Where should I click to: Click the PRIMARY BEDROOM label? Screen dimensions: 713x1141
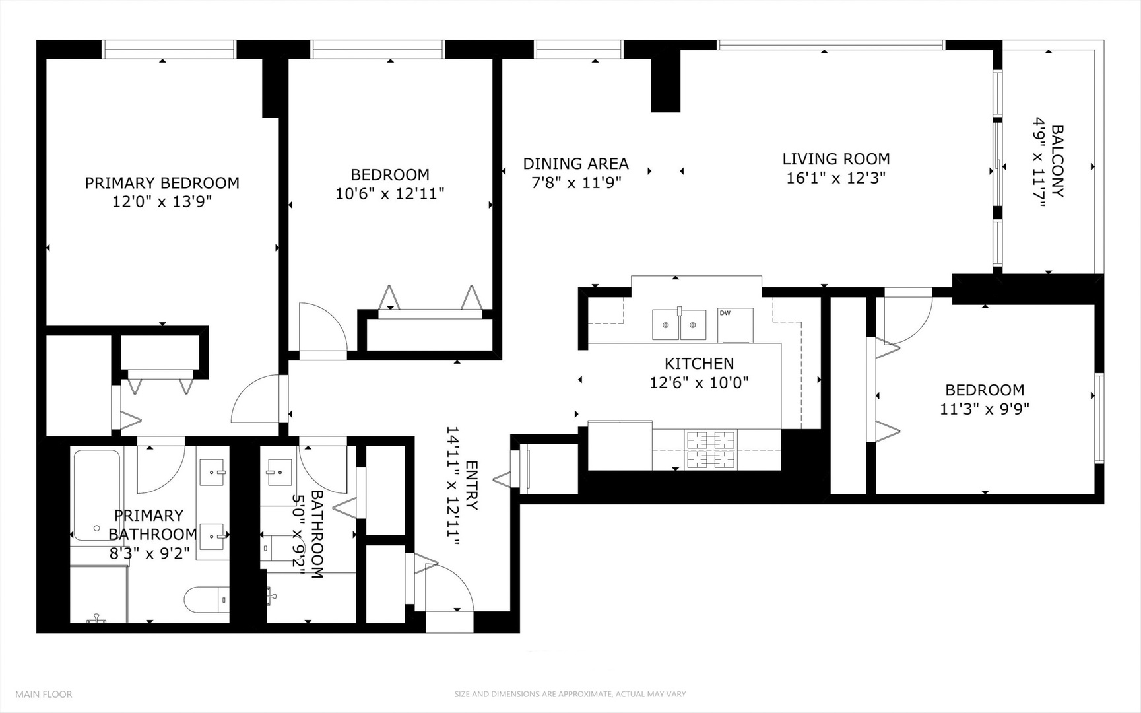coord(162,183)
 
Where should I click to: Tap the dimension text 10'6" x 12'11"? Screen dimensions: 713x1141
coord(389,193)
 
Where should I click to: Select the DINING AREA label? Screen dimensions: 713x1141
coord(575,164)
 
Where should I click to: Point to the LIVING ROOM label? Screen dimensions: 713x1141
coord(835,159)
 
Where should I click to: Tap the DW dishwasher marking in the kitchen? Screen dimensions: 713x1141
coord(725,313)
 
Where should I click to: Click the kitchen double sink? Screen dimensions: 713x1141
coord(679,324)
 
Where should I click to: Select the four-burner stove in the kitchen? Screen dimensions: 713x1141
coord(711,450)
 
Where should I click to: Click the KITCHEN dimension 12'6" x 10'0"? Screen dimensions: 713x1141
coord(699,382)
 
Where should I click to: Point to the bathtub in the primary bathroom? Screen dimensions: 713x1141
coord(96,495)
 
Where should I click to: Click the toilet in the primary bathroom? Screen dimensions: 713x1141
coord(206,600)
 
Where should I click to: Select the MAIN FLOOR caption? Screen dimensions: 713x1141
coord(44,694)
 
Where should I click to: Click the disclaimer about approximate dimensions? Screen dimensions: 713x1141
coord(570,694)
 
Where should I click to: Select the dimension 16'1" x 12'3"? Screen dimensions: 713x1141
coord(835,178)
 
